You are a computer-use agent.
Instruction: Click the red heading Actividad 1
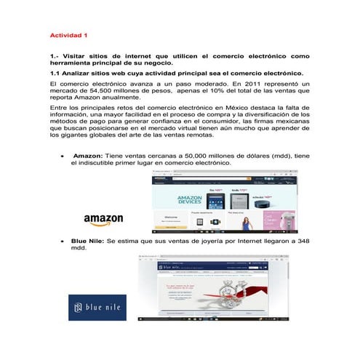68,35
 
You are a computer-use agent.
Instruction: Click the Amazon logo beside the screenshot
103,219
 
